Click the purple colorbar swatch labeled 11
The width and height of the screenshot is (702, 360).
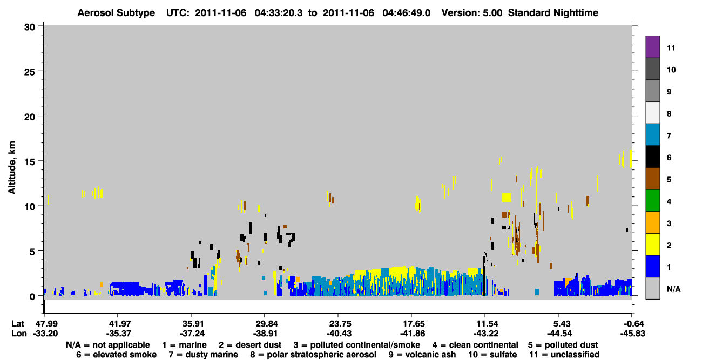(x=652, y=46)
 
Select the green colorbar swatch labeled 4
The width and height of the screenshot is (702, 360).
(x=652, y=200)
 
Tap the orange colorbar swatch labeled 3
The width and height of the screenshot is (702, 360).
(x=652, y=222)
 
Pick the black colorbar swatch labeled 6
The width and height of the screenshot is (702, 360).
(x=652, y=157)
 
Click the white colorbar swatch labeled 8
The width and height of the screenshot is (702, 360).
(x=652, y=112)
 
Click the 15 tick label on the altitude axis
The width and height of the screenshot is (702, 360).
(x=30, y=162)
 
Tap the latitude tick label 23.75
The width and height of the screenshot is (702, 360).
(x=339, y=324)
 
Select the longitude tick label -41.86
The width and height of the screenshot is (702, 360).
(x=412, y=334)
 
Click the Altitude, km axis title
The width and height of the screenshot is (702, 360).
(x=12, y=168)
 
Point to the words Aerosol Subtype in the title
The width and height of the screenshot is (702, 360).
(x=116, y=13)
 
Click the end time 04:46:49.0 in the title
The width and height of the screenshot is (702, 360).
(x=406, y=13)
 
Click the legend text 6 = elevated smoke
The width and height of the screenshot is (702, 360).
(x=116, y=355)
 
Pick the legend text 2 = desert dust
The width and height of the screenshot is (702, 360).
(x=250, y=345)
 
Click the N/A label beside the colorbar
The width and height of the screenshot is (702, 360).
(x=674, y=289)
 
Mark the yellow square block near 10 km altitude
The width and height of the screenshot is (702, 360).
(x=507, y=198)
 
